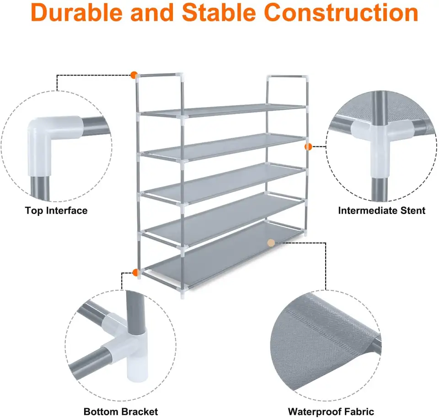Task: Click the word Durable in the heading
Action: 77,12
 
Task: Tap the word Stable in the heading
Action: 219,12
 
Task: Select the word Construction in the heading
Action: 341,12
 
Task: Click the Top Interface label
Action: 56,210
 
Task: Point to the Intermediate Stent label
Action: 381,210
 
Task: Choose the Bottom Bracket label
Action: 121,411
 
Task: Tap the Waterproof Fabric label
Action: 331,411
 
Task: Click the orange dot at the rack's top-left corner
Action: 134,75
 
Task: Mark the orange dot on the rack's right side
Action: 308,146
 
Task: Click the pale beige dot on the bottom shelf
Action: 271,243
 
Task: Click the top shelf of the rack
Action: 223,110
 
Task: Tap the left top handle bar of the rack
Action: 159,75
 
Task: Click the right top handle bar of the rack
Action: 288,77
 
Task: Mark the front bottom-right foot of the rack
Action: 182,294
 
